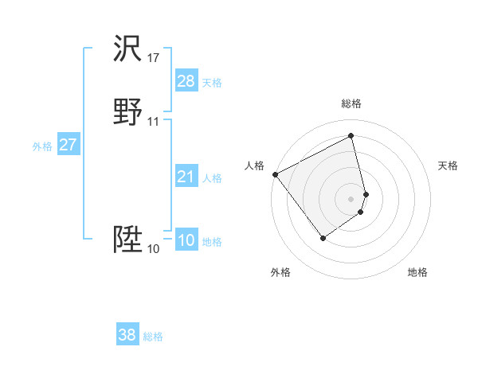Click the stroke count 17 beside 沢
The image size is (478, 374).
pyautogui.click(x=154, y=58)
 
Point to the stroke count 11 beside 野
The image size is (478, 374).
pyautogui.click(x=154, y=122)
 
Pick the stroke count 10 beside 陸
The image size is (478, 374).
pyautogui.click(x=154, y=249)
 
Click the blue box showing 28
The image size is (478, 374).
pyautogui.click(x=186, y=81)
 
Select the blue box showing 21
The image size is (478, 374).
pyautogui.click(x=186, y=177)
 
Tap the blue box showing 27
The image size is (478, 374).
pyautogui.click(x=69, y=145)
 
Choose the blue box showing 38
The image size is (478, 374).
pyautogui.click(x=127, y=335)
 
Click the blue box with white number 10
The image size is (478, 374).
pyautogui.click(x=186, y=240)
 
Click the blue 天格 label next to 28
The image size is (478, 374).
pyautogui.click(x=212, y=83)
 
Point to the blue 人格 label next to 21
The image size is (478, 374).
pyautogui.click(x=212, y=178)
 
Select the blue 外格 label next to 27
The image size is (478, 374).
pyautogui.click(x=42, y=146)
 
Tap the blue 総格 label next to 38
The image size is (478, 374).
pyautogui.click(x=153, y=337)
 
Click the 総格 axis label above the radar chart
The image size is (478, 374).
pyautogui.click(x=351, y=103)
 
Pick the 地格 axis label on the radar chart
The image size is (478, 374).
pyautogui.click(x=417, y=272)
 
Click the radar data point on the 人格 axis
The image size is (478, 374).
pyautogui.click(x=275, y=174)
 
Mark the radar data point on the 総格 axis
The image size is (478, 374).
pyautogui.click(x=351, y=135)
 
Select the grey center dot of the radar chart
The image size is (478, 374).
pyautogui.click(x=351, y=198)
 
